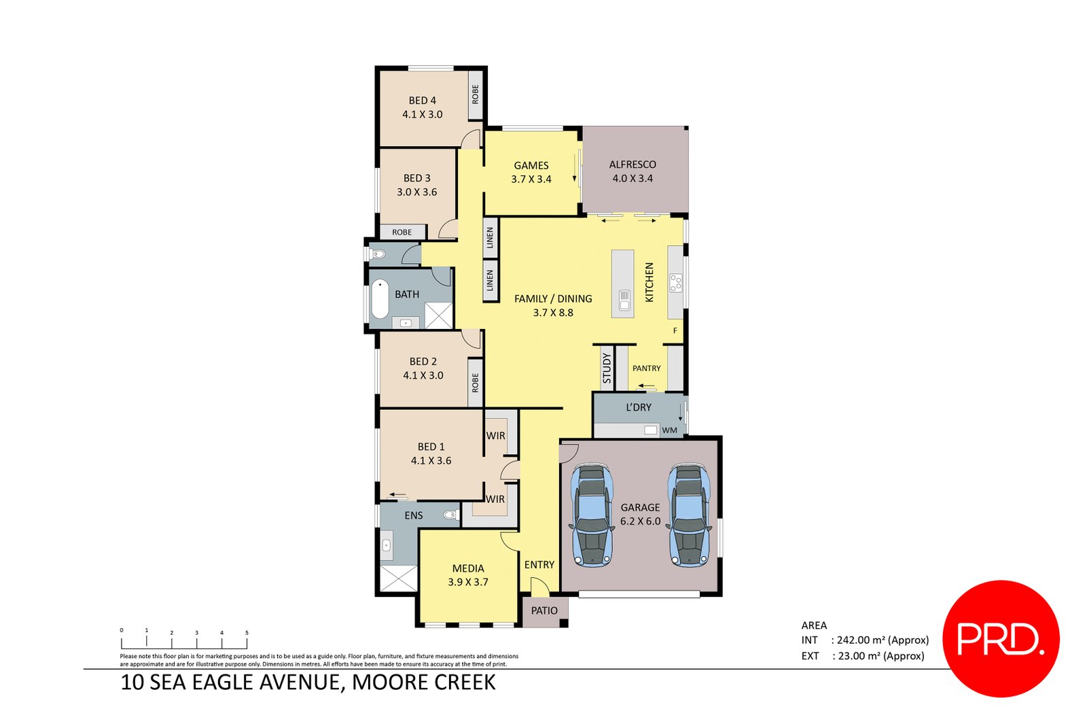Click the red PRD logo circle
click(x=1001, y=638)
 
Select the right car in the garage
click(x=689, y=515)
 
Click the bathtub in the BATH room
click(x=380, y=299)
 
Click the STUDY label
click(x=607, y=368)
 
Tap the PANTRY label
click(x=646, y=368)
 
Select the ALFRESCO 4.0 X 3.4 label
click(x=632, y=171)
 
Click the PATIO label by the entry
click(x=544, y=610)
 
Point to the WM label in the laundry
click(x=669, y=430)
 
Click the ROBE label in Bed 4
click(x=475, y=94)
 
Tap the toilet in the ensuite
click(x=451, y=515)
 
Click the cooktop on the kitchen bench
click(x=675, y=283)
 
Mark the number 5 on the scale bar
click(x=247, y=633)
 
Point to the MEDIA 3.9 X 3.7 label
click(x=468, y=575)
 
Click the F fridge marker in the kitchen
click(x=675, y=331)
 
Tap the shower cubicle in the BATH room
click(x=438, y=316)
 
